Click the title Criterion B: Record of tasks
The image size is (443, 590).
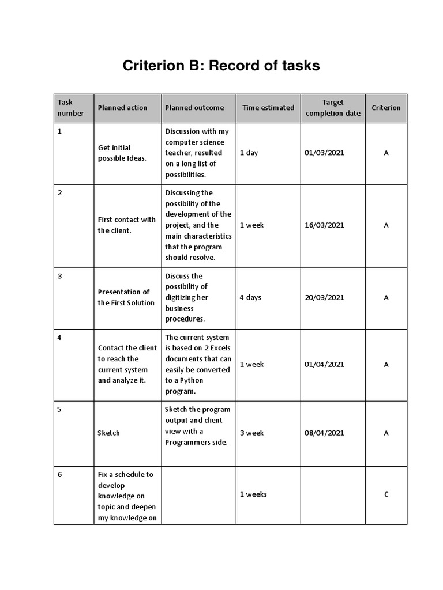point(221,66)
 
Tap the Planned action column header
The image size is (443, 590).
point(122,108)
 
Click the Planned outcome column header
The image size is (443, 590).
point(194,108)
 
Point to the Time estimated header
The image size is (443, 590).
point(268,108)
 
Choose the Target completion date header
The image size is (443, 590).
point(333,108)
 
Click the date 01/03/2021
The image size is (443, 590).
point(324,153)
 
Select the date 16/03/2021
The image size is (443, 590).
point(324,225)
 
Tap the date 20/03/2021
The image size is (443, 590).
point(324,298)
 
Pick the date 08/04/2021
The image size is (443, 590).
point(324,433)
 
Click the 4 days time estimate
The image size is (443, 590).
point(250,298)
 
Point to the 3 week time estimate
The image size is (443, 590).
point(252,433)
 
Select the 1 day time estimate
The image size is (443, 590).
point(249,153)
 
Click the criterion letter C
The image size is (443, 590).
point(386,494)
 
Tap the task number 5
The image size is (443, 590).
point(59,410)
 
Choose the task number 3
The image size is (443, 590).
point(59,276)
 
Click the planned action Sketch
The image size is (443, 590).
point(109,433)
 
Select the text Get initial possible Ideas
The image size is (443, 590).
point(122,153)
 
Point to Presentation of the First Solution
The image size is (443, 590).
point(126,297)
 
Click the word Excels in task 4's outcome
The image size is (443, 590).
point(218,348)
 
